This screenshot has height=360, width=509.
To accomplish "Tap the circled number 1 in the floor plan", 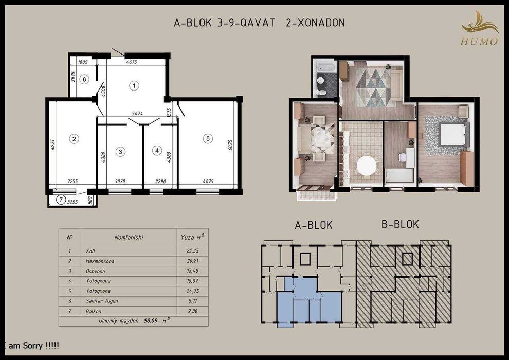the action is [134, 86].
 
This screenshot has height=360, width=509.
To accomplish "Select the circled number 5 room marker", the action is [208, 139].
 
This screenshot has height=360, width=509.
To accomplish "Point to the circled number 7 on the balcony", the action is [61, 200].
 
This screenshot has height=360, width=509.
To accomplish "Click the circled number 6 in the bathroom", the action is [84, 79].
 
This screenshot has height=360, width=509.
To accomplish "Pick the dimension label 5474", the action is [138, 113].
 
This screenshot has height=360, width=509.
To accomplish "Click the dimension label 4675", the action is [132, 62].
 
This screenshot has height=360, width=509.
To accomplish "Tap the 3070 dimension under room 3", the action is [120, 181].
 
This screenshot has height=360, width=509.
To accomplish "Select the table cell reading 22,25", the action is [192, 251].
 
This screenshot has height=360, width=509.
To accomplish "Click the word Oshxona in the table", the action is [96, 271].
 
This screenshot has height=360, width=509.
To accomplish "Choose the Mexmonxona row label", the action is [100, 261].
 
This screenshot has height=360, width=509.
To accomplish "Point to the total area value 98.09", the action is [151, 321].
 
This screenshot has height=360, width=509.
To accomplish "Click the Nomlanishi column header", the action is [129, 237].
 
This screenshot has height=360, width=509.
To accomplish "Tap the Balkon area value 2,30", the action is [192, 311].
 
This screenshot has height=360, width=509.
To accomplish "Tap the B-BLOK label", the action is [400, 224].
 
